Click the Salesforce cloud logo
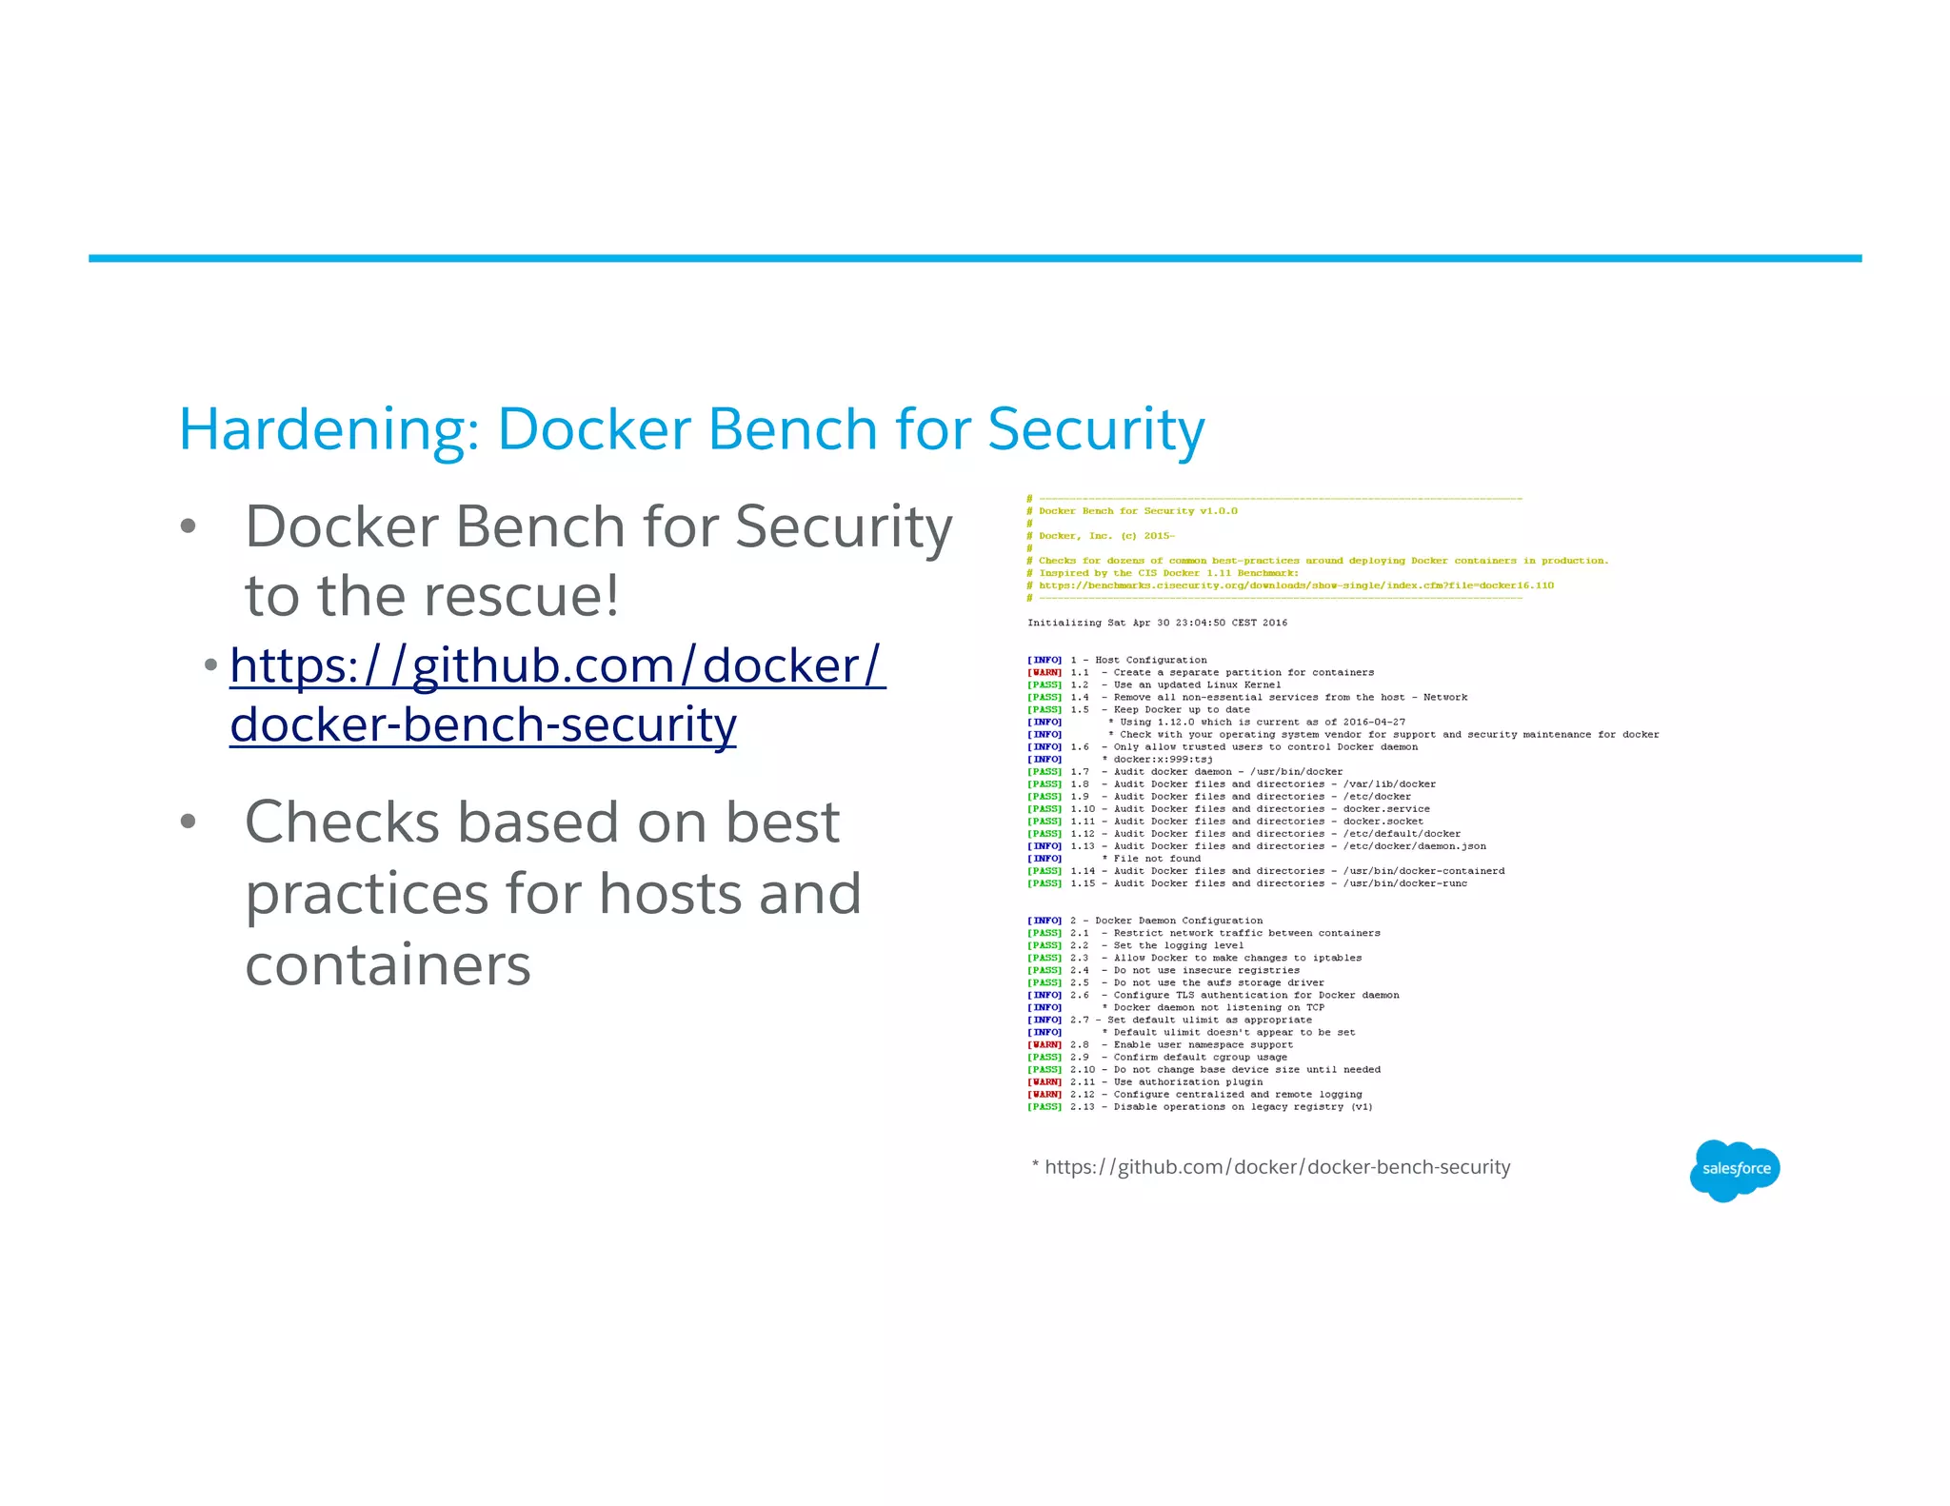tap(1735, 1169)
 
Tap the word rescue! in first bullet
tap(520, 596)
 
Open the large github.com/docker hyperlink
tap(557, 664)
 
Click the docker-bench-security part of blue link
tap(483, 724)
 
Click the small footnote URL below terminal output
tap(1276, 1167)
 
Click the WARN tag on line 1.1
tap(1045, 672)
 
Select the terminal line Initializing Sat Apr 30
tap(1156, 623)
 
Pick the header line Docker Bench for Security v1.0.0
tap(1137, 511)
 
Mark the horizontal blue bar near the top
tap(974, 258)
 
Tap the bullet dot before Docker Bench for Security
tap(189, 526)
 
